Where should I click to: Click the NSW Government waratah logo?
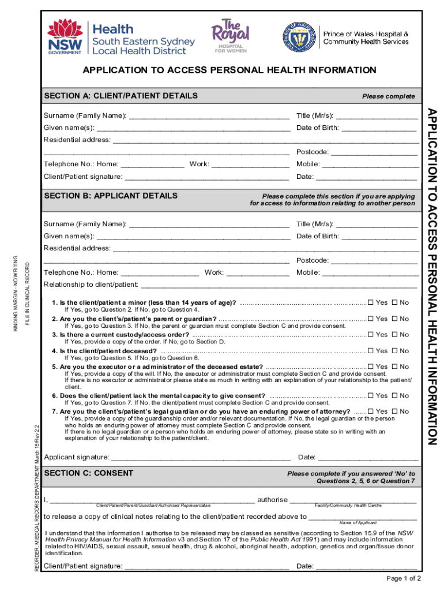(x=66, y=36)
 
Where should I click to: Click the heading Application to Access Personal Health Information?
(x=229, y=70)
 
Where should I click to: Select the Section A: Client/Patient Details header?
(x=121, y=96)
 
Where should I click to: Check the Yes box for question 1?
(x=371, y=302)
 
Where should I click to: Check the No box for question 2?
(x=396, y=319)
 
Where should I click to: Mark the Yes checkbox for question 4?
(x=371, y=350)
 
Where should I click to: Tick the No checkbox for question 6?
(x=396, y=395)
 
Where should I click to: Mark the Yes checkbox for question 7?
(x=371, y=411)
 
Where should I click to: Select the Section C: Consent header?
(x=89, y=473)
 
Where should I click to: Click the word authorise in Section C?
(x=272, y=499)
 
